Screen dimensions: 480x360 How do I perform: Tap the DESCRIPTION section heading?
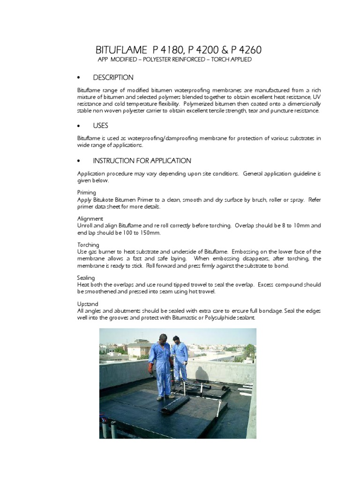[113, 77]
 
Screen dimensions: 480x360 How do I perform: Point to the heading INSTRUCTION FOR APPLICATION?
[142, 161]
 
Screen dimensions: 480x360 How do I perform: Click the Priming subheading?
[87, 192]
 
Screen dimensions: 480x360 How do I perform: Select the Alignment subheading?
[90, 218]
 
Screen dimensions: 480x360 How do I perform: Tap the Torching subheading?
[88, 245]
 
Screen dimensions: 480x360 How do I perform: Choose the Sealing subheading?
[86, 278]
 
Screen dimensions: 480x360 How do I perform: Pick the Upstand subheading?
[88, 304]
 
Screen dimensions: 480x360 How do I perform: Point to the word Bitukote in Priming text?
[105, 199]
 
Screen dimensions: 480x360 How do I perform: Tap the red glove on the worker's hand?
[150, 368]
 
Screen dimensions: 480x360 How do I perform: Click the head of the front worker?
[162, 338]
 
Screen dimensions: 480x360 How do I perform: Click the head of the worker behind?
[176, 338]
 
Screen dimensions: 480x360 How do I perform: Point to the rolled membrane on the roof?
[175, 404]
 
